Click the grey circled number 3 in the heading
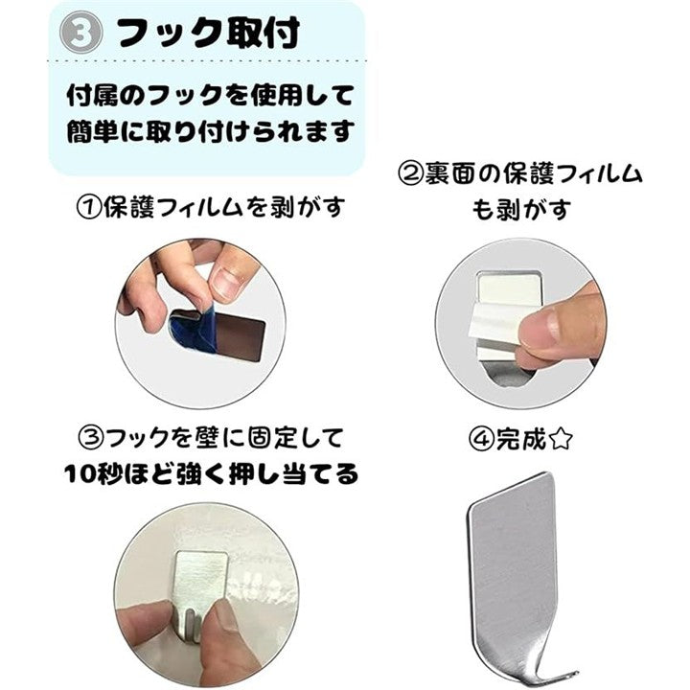point(80,33)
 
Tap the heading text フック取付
point(209,33)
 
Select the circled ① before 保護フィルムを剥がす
point(89,208)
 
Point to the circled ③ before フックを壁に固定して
point(91,438)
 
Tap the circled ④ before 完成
point(481,439)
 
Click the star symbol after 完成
point(561,439)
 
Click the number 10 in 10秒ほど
point(80,474)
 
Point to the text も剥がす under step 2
point(520,210)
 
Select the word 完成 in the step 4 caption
point(521,439)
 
